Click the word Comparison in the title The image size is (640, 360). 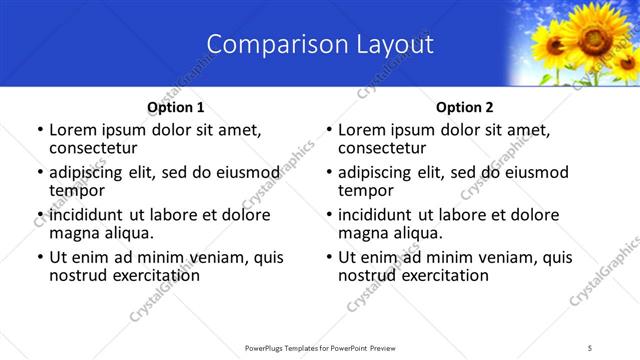tap(266, 45)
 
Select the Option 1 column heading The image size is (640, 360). tap(176, 107)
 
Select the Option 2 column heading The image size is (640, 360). tap(465, 107)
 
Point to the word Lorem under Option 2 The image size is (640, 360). tap(362, 130)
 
